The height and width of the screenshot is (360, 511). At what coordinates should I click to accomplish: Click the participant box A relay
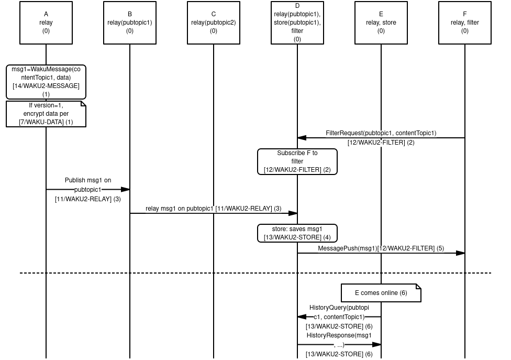click(x=46, y=23)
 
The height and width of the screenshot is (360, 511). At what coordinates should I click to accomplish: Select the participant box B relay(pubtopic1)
click(x=130, y=23)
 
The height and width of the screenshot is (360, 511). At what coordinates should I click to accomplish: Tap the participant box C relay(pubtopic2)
click(x=214, y=23)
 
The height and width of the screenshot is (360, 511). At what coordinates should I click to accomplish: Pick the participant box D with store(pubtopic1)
click(x=297, y=23)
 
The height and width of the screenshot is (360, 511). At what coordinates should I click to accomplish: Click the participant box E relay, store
click(x=381, y=23)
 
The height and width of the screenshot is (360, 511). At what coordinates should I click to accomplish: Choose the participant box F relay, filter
click(x=465, y=23)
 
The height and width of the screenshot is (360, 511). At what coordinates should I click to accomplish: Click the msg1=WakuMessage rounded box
click(x=46, y=82)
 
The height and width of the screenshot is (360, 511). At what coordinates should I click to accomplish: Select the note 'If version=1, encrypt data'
click(x=46, y=114)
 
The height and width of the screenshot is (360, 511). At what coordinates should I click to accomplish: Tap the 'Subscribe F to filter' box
click(x=297, y=161)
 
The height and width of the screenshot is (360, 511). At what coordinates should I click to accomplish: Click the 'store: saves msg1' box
click(x=297, y=233)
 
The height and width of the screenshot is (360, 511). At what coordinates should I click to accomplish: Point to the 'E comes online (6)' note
click(x=381, y=293)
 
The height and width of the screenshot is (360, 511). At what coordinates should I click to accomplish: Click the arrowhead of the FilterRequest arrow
click(x=302, y=138)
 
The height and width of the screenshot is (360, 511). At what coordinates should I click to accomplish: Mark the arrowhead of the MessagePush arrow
click(x=460, y=253)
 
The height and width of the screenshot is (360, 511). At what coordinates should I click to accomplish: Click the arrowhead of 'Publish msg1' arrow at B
click(x=125, y=189)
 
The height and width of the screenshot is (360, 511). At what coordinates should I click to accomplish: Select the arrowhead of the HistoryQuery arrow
click(x=302, y=317)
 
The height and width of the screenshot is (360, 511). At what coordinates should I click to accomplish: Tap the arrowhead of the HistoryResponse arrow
click(x=376, y=344)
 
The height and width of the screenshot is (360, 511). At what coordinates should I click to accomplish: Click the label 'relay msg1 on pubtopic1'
click(x=180, y=209)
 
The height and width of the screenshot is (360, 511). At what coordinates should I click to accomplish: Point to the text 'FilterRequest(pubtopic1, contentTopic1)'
click(x=381, y=133)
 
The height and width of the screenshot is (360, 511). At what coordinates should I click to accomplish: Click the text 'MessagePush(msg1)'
click(x=347, y=248)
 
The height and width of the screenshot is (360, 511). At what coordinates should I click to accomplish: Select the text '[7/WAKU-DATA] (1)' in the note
click(x=46, y=122)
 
